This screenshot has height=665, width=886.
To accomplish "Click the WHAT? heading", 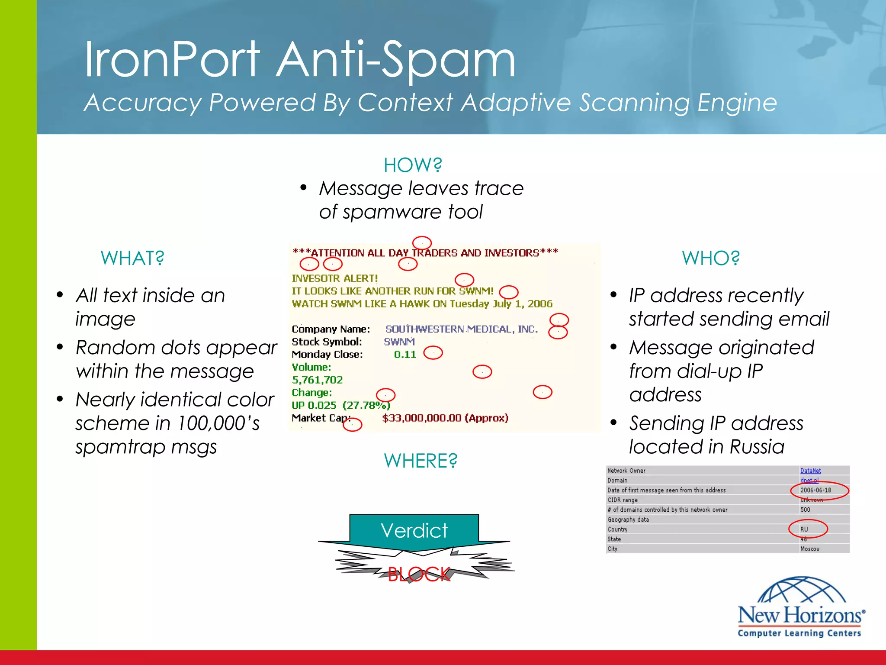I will point(132,258).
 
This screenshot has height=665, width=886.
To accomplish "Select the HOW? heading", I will point(413,165).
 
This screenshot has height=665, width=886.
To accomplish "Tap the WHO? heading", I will point(711,258).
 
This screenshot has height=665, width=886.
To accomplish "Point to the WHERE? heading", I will point(421,461).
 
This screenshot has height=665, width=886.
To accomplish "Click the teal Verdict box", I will point(414,531).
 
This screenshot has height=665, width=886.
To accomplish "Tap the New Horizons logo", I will point(801,608).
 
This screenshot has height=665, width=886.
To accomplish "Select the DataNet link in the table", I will point(810,471).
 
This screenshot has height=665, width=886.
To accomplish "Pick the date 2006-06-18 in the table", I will point(815,490).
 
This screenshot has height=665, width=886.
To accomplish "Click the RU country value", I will point(804,529).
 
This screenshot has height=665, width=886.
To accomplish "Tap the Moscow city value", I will point(810,549).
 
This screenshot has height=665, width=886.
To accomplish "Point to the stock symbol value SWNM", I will point(399,342).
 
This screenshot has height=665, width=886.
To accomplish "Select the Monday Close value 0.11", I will point(405,355).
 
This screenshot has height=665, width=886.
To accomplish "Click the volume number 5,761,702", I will point(317,380).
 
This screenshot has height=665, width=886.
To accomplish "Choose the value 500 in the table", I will point(805,510).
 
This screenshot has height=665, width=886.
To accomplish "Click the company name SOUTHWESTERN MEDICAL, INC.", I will point(461,329).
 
